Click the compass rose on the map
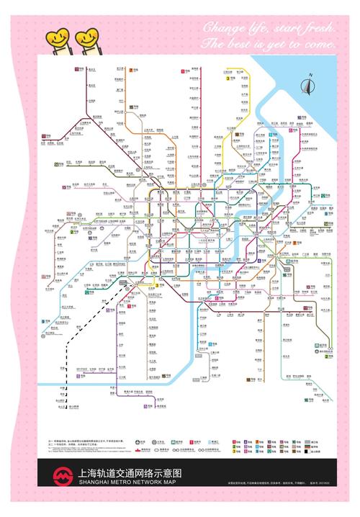point(310,85)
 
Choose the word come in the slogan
point(322,45)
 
